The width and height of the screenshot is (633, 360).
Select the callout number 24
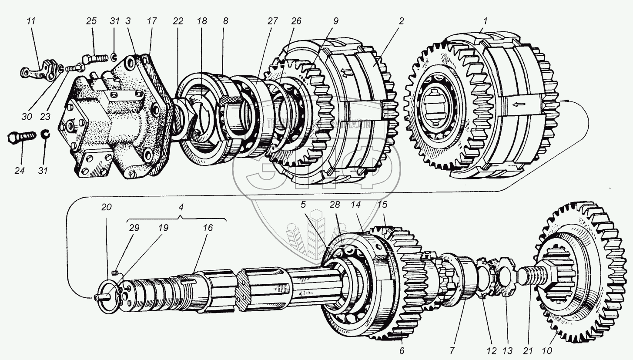[19, 171]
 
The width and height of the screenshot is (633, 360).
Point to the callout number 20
[107, 208]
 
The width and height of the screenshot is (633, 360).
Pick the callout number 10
[547, 351]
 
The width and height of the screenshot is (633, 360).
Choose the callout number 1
[486, 20]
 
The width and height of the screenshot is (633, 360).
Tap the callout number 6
[401, 351]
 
